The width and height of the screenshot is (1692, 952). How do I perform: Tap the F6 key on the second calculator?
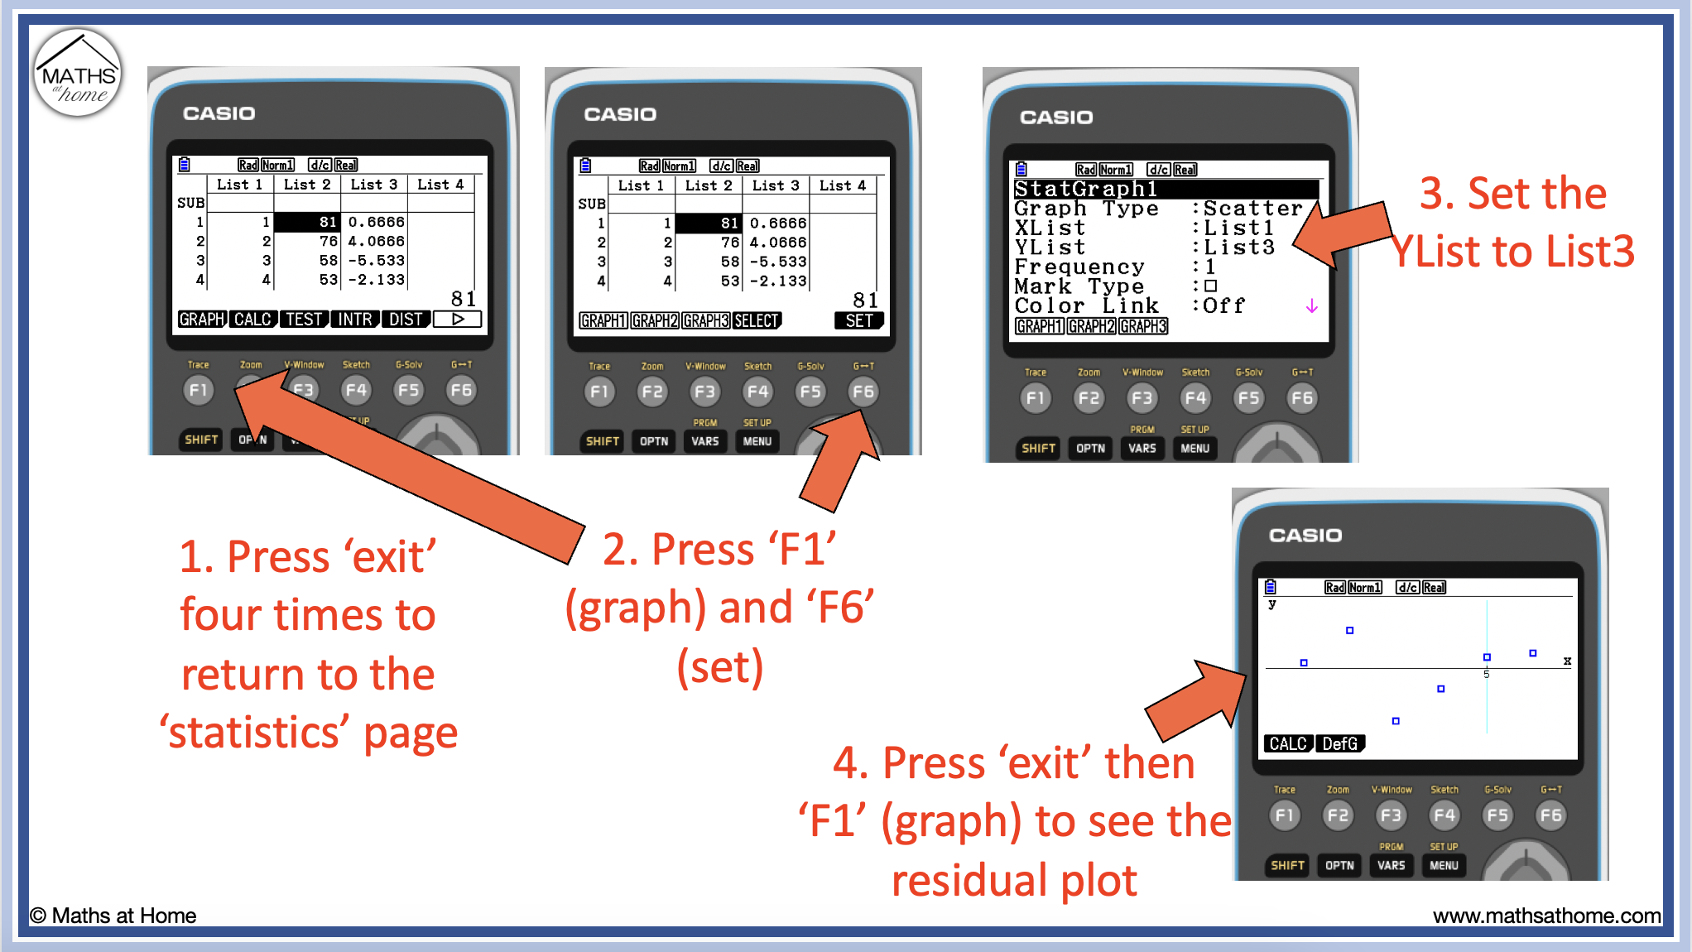pos(863,392)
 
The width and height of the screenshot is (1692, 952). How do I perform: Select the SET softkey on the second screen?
pos(858,320)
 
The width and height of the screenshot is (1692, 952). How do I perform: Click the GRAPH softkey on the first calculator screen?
pos(202,320)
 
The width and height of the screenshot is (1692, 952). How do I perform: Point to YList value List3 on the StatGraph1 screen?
pos(1238,248)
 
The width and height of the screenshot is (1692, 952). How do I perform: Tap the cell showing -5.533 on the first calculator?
pos(377,260)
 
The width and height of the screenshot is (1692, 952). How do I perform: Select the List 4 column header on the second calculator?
pos(842,185)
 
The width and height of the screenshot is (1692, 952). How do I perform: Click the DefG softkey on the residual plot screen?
pos(1339,743)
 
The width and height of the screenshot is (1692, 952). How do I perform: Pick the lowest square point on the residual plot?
pos(1396,721)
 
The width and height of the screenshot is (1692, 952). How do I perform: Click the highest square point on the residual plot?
pos(1349,631)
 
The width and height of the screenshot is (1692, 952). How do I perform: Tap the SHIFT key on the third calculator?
pos(1038,448)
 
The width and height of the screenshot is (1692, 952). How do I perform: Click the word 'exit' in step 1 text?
pos(390,556)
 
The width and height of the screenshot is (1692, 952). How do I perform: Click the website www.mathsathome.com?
pos(1546,916)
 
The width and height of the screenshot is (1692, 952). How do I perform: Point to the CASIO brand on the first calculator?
pos(219,113)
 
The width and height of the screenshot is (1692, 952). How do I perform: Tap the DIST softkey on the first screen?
pos(406,320)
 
